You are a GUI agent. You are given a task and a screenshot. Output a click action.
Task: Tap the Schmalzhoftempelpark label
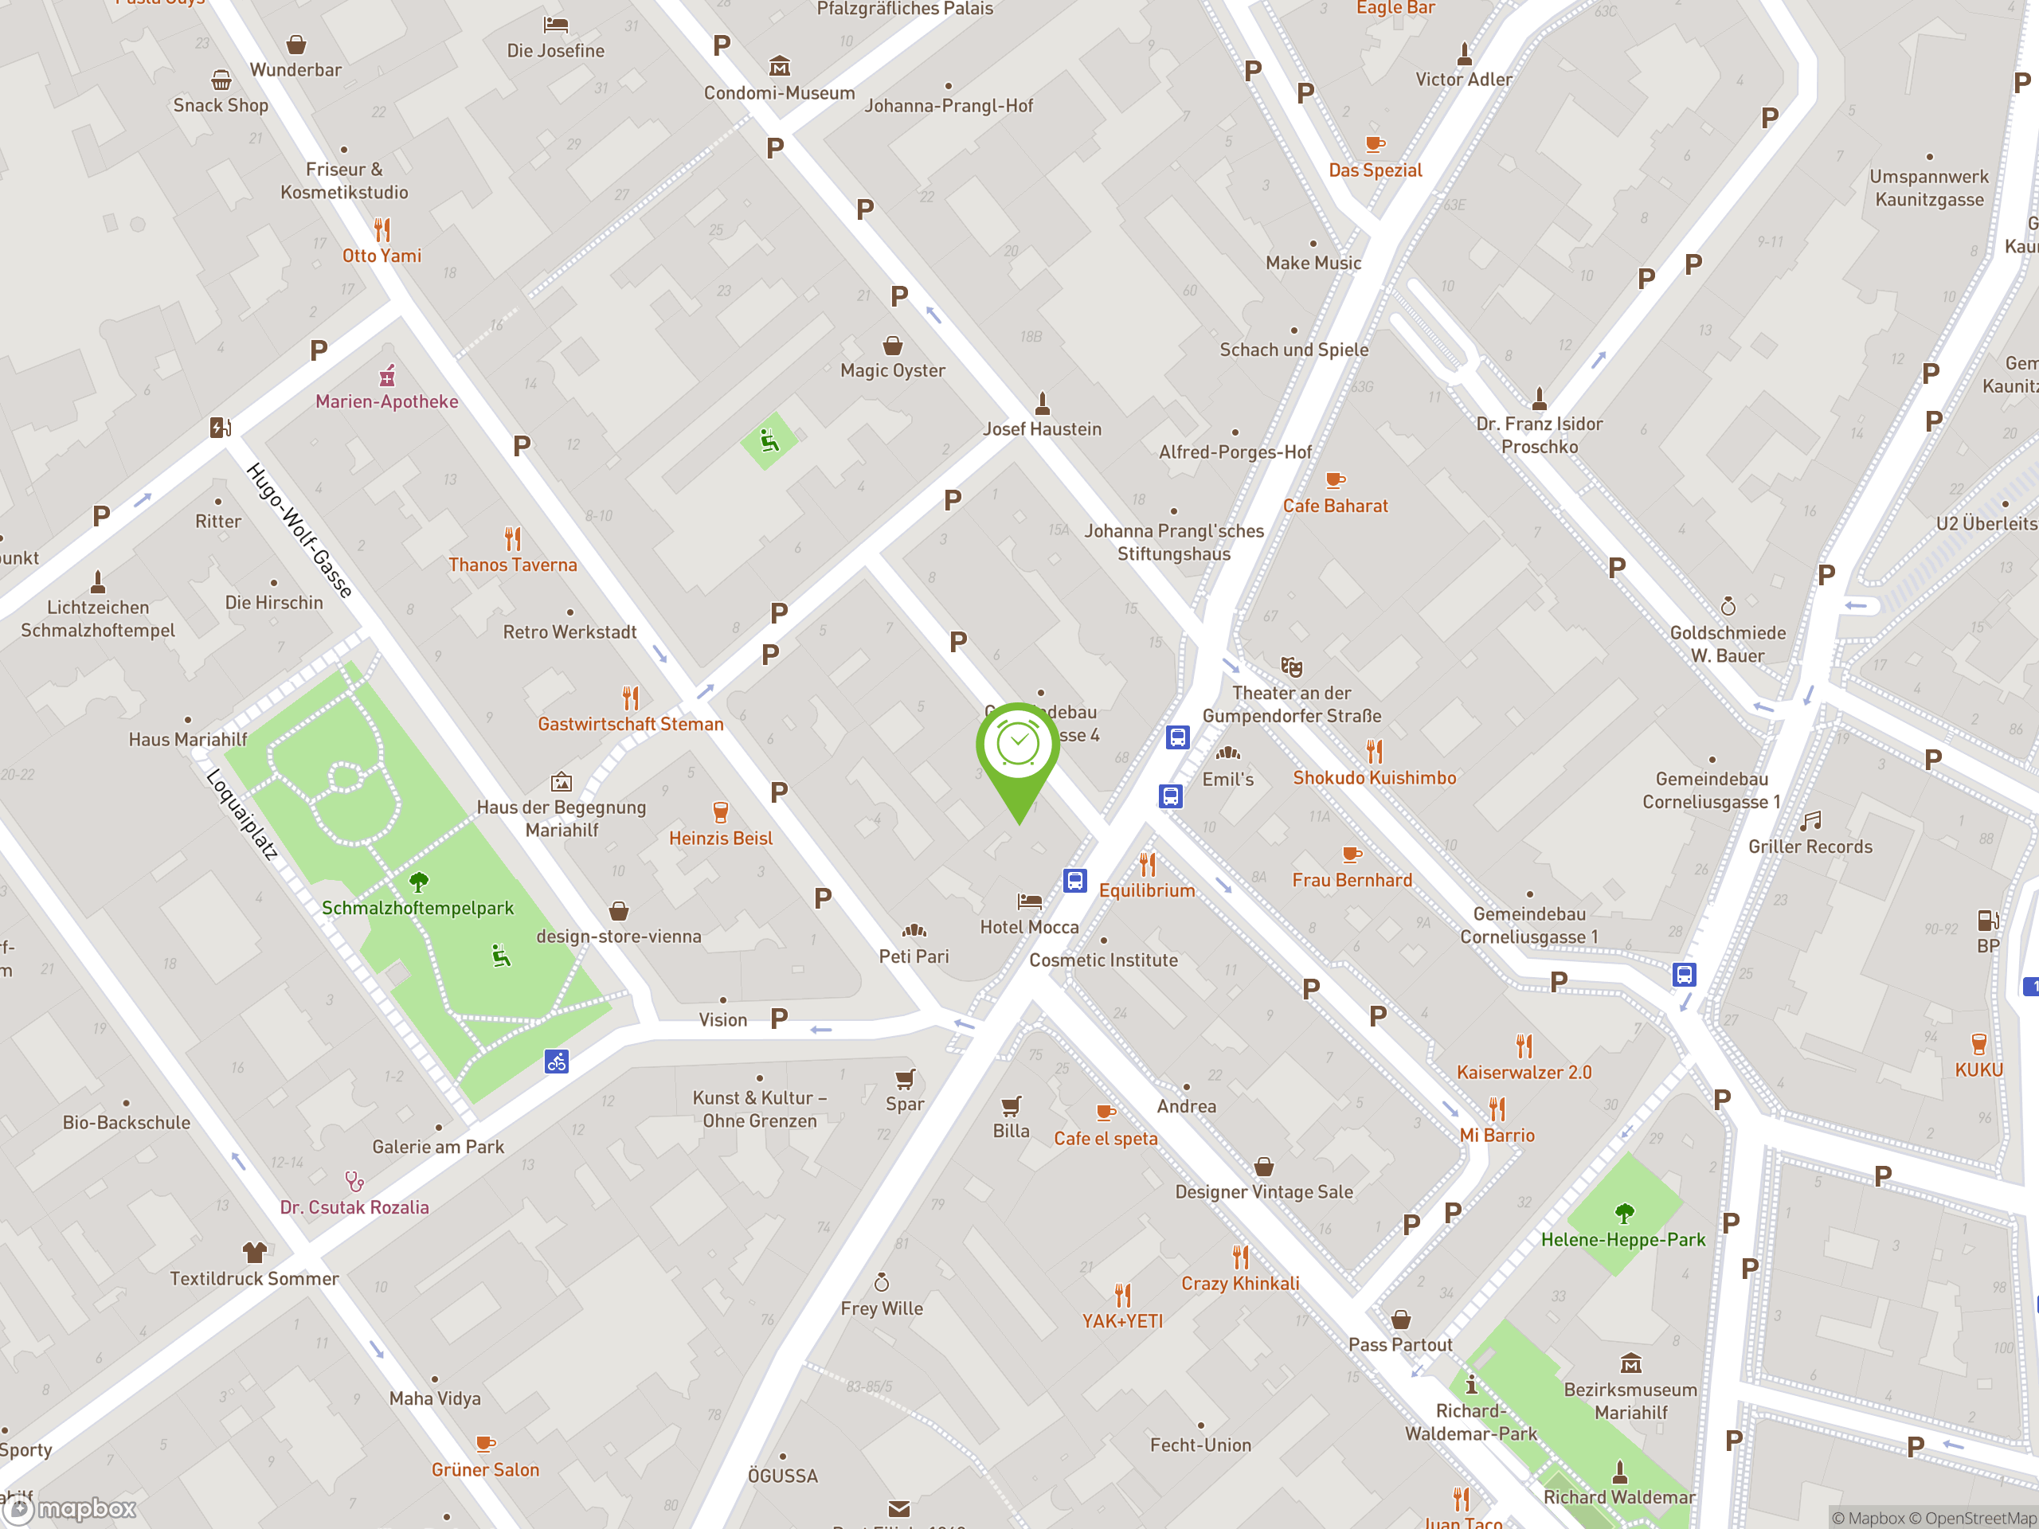click(x=417, y=908)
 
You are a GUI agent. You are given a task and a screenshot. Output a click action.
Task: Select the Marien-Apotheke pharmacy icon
click(x=387, y=376)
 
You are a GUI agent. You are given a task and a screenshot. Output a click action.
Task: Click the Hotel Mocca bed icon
click(x=1029, y=901)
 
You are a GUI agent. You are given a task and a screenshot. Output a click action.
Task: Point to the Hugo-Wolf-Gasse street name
click(x=299, y=530)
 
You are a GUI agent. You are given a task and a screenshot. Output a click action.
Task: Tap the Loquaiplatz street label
click(x=241, y=815)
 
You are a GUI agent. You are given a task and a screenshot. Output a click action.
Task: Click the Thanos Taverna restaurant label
click(x=512, y=565)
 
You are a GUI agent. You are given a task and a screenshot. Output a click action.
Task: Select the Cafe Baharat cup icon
click(x=1335, y=480)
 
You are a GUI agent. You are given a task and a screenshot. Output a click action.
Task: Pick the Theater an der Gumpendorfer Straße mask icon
click(x=1291, y=667)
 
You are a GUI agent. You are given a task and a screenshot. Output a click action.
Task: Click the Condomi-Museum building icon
click(x=780, y=66)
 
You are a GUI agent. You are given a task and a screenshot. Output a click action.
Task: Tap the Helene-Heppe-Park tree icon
click(x=1624, y=1213)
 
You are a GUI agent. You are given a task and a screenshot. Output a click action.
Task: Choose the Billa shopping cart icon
click(x=1012, y=1105)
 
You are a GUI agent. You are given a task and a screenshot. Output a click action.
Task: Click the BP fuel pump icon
click(x=1987, y=920)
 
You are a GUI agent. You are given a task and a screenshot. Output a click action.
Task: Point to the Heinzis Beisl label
click(x=721, y=839)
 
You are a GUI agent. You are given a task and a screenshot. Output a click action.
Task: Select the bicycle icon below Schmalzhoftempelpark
click(x=556, y=1062)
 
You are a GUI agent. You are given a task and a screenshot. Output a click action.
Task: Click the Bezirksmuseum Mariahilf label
click(x=1630, y=1401)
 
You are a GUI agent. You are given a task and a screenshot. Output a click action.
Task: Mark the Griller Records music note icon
click(x=1810, y=820)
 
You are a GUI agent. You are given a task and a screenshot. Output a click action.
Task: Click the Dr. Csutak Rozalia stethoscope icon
click(x=355, y=1181)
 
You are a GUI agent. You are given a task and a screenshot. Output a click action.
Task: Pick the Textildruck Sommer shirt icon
click(x=254, y=1252)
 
